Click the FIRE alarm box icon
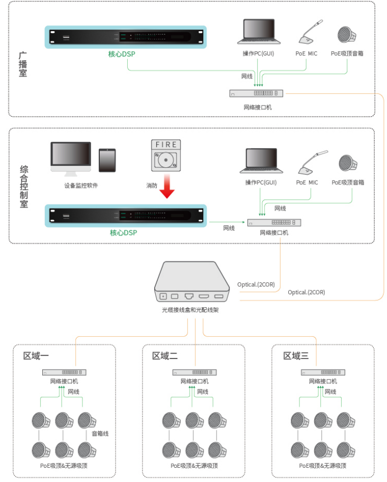point(166,156)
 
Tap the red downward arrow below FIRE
point(167,186)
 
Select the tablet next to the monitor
point(107,160)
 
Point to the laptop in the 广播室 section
point(259,31)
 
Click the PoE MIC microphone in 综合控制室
point(313,163)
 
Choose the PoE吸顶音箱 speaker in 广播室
point(347,34)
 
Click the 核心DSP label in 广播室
point(122,54)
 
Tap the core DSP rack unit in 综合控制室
point(126,215)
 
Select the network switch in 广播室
point(256,93)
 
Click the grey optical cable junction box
point(192,282)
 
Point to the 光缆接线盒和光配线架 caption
point(190,310)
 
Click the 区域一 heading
point(36,356)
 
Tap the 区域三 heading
point(296,356)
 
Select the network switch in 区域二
point(195,372)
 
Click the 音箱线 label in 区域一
point(100,433)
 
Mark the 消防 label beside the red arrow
point(152,185)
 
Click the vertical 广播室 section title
point(23,64)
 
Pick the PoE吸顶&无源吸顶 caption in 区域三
point(323,466)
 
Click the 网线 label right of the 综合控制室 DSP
point(229,228)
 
